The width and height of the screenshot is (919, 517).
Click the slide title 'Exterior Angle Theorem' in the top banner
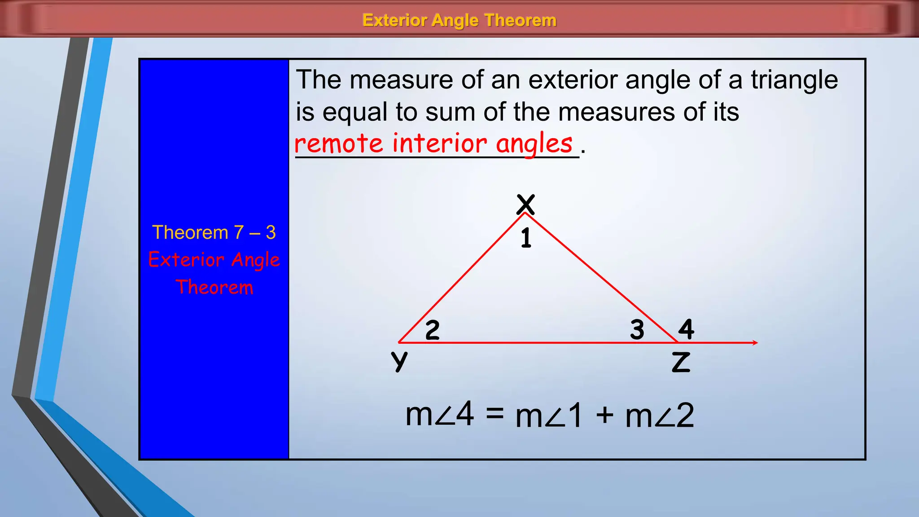tap(459, 20)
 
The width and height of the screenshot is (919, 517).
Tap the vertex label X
tap(525, 205)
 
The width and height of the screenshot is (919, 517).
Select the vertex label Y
tap(399, 361)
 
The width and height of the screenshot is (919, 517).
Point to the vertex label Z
tap(681, 362)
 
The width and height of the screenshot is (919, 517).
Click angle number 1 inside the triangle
tap(526, 238)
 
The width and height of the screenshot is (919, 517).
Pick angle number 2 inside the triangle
tap(432, 330)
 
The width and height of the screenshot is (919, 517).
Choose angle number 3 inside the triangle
tap(637, 329)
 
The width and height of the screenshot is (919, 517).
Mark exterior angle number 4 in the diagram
tap(686, 329)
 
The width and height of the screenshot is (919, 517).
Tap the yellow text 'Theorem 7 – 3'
tap(214, 232)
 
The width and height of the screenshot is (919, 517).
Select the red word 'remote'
tap(339, 144)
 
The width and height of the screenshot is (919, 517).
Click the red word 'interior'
tap(439, 144)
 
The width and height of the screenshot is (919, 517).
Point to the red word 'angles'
tap(534, 145)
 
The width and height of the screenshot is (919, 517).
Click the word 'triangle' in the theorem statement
tap(794, 80)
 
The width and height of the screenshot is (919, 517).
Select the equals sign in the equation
tap(495, 414)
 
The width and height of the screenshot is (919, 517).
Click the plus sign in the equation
tap(604, 415)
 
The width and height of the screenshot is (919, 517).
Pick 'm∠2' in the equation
tap(660, 416)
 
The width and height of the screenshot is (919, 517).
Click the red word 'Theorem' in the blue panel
tap(214, 287)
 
